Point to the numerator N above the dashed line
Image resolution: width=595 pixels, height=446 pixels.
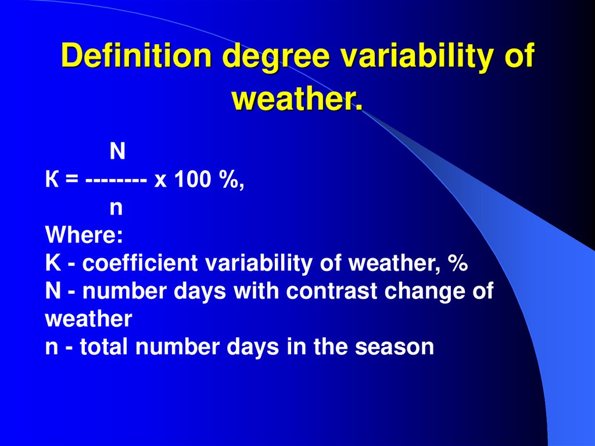pos(117,152)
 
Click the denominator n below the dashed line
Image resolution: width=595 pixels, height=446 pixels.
pos(116,208)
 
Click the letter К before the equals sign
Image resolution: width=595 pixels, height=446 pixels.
pos(52,180)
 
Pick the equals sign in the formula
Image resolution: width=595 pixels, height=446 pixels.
pos(71,181)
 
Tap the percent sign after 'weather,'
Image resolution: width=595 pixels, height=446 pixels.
pos(458,264)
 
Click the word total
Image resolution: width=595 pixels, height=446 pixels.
pos(104,347)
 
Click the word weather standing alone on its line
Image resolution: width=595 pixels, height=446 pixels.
pos(89,319)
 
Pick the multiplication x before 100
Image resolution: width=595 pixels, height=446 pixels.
pos(161,181)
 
